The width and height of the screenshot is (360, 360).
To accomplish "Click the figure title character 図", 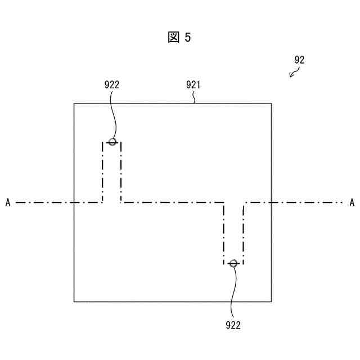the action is pos(173,38).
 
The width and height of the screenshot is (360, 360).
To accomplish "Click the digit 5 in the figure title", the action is pos(187,38).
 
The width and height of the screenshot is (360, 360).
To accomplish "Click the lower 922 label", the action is pos(233,325).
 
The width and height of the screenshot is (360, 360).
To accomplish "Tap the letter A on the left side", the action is pos(8,202).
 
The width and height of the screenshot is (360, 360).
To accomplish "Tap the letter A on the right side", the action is pos(352,202).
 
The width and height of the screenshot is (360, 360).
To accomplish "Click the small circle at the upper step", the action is pos(112,142).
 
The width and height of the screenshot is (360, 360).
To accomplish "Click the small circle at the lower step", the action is pos(233,263).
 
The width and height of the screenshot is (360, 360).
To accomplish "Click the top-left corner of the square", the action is pos(74,103).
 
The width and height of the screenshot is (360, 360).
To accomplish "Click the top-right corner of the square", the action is pos(271,103).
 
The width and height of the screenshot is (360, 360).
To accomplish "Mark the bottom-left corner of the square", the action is pos(74,301).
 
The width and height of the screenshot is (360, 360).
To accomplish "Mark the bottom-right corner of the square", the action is pos(271,301).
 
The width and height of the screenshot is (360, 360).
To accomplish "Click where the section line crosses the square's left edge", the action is pos(74,202).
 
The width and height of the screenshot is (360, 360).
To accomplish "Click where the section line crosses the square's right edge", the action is pos(271,202).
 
